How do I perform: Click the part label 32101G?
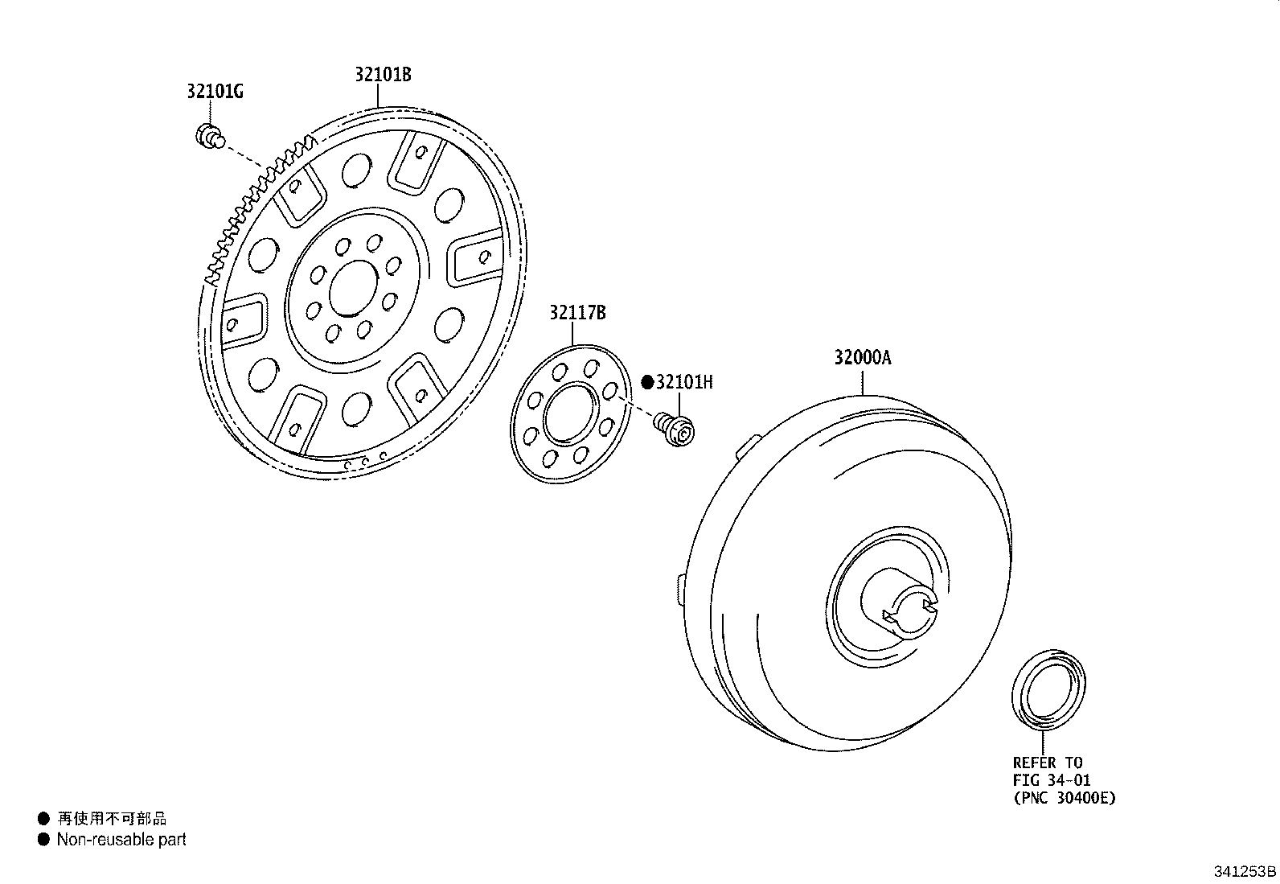point(215,92)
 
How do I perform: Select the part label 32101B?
point(383,75)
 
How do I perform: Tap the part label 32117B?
point(577,313)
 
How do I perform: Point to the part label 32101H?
point(684,382)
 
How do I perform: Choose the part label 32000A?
point(862,358)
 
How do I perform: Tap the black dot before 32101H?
point(647,382)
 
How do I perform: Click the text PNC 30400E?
point(1064,798)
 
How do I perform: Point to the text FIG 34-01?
point(1051,780)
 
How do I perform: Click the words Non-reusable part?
point(121,840)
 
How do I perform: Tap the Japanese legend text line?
point(112,819)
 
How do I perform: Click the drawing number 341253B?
point(1245,871)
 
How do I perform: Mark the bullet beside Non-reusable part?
point(43,840)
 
